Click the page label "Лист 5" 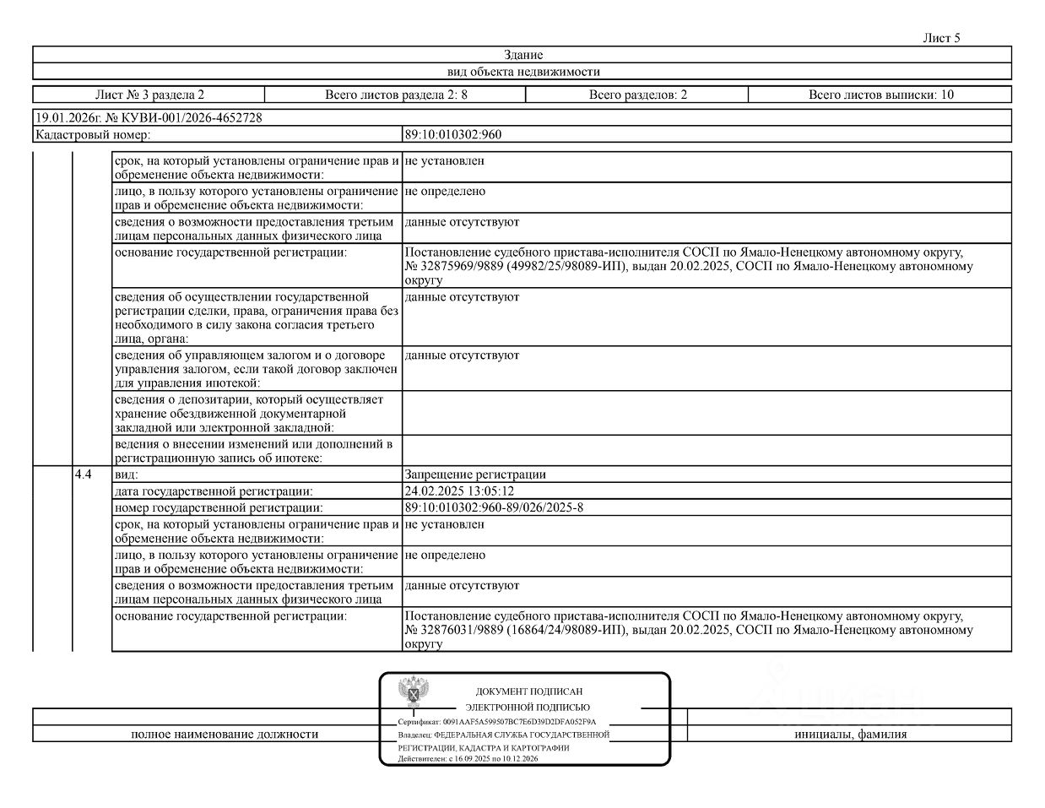coord(941,38)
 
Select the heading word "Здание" coord(523,55)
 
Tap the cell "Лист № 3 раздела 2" coord(149,95)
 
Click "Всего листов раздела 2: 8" coord(396,95)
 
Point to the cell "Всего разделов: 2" coord(637,95)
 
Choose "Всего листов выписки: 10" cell coord(880,95)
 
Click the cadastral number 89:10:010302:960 coord(453,134)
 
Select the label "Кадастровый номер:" coord(93,134)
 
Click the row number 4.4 coord(83,474)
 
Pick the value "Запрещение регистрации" coord(475,474)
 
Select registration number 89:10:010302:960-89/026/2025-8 coord(494,507)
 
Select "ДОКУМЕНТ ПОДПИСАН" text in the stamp coord(528,691)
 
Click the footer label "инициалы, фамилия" coord(850,735)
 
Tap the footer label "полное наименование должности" coord(225,735)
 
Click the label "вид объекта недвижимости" coord(523,72)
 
